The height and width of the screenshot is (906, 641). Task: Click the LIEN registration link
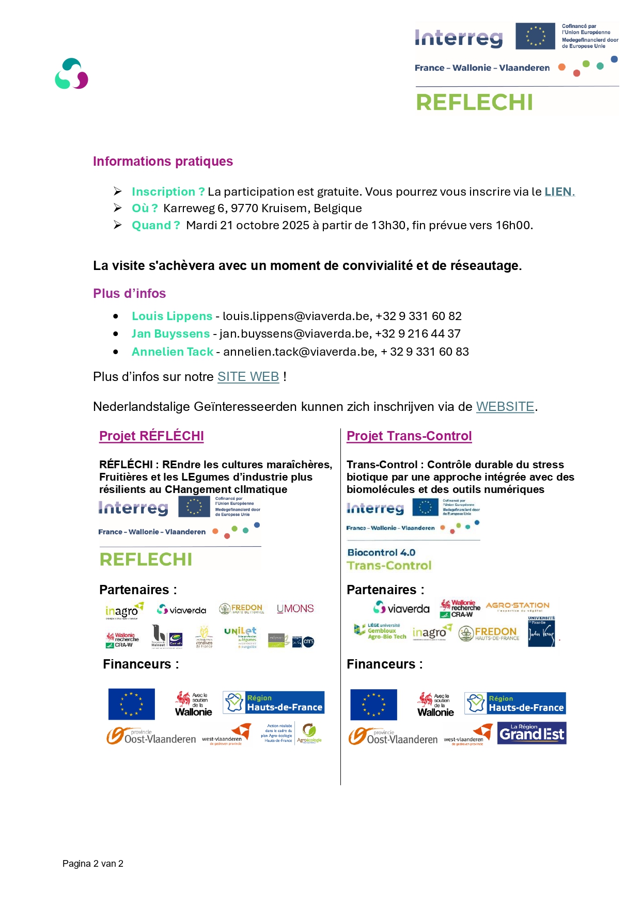click(559, 192)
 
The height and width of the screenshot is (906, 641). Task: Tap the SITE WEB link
click(248, 377)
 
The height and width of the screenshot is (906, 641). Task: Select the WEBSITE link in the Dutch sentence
click(505, 407)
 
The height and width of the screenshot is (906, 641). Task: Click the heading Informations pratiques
click(163, 162)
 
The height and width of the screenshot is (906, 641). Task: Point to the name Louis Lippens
click(172, 316)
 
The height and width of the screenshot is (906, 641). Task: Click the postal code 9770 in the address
click(245, 208)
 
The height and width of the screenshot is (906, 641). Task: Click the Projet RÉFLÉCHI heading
click(151, 436)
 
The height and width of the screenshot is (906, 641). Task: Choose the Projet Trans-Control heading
click(409, 436)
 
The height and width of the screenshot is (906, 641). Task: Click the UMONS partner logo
click(295, 609)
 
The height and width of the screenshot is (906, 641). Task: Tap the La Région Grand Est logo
click(531, 733)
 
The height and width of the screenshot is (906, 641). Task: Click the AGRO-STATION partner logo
click(518, 606)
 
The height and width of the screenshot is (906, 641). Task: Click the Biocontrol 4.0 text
click(381, 552)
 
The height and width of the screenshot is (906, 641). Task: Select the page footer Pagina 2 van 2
click(93, 864)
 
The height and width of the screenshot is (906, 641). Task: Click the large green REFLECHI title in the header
click(474, 102)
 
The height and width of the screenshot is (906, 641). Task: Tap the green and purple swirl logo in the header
click(71, 74)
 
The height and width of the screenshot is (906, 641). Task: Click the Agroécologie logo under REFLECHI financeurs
click(310, 733)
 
